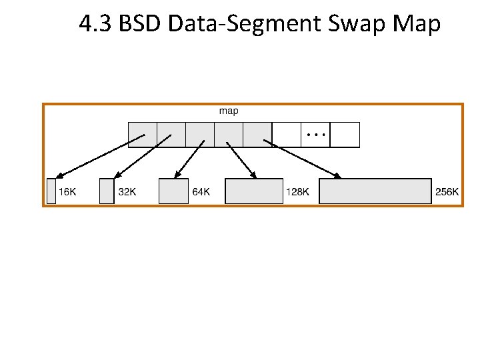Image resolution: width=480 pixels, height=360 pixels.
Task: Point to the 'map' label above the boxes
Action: coord(229,111)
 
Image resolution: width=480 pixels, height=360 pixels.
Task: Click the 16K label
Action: coord(68,192)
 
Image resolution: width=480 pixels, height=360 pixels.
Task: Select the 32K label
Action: coord(127,192)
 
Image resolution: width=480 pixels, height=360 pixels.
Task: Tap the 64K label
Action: coord(201,192)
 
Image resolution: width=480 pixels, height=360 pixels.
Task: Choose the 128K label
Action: coord(297,192)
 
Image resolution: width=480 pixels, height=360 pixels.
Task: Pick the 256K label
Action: coord(447,192)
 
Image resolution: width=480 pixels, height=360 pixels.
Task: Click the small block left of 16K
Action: coord(51,191)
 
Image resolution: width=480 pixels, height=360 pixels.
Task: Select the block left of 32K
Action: coord(107,191)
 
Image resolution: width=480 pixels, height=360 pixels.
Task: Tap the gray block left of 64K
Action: coord(173,191)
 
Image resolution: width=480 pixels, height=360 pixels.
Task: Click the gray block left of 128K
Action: coord(254,191)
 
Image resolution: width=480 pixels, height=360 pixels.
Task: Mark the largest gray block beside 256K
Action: coord(375,191)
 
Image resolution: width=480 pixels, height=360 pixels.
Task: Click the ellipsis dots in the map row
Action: coord(315,135)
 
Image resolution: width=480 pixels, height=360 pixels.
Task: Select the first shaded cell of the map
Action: coord(142,134)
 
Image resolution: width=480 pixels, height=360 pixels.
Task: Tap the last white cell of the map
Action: coord(345,134)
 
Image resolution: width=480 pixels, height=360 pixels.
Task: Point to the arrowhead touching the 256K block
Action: coord(338,176)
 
